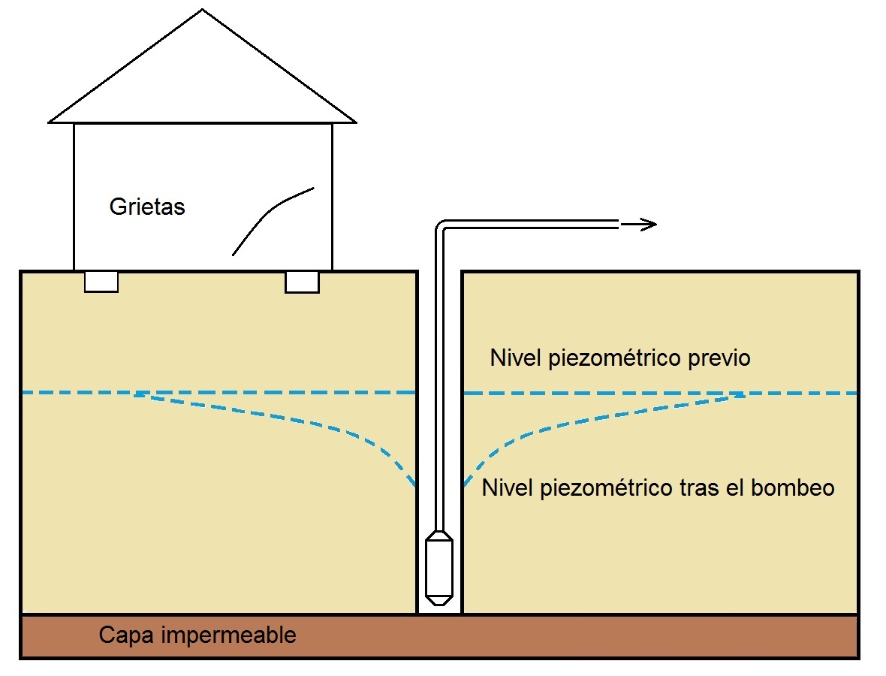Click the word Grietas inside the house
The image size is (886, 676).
(147, 207)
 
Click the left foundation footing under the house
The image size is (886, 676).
(101, 282)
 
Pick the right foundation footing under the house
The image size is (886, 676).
(302, 282)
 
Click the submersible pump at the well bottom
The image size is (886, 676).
(438, 563)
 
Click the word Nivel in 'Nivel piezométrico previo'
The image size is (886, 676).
(515, 358)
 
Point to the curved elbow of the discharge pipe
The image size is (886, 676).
(441, 227)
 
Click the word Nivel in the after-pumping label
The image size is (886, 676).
(507, 488)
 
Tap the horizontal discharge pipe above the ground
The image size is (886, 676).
(533, 224)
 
